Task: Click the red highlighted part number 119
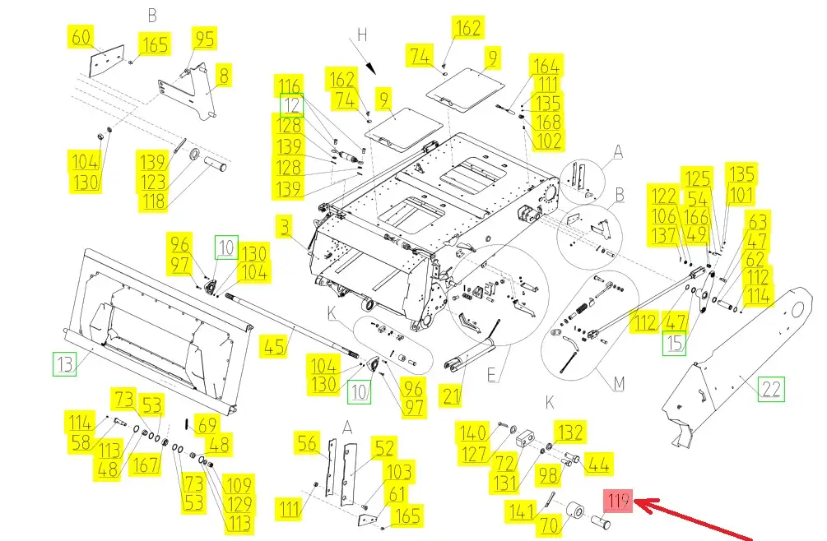tap(619, 501)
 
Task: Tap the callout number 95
tap(204, 38)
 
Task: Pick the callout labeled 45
tap(274, 346)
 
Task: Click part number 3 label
tap(284, 225)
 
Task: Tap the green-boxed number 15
tap(675, 343)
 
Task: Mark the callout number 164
tap(546, 66)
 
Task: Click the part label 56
tap(307, 444)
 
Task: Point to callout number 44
tap(599, 465)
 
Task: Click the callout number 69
tap(208, 425)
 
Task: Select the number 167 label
tap(145, 465)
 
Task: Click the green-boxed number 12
tap(292, 105)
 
